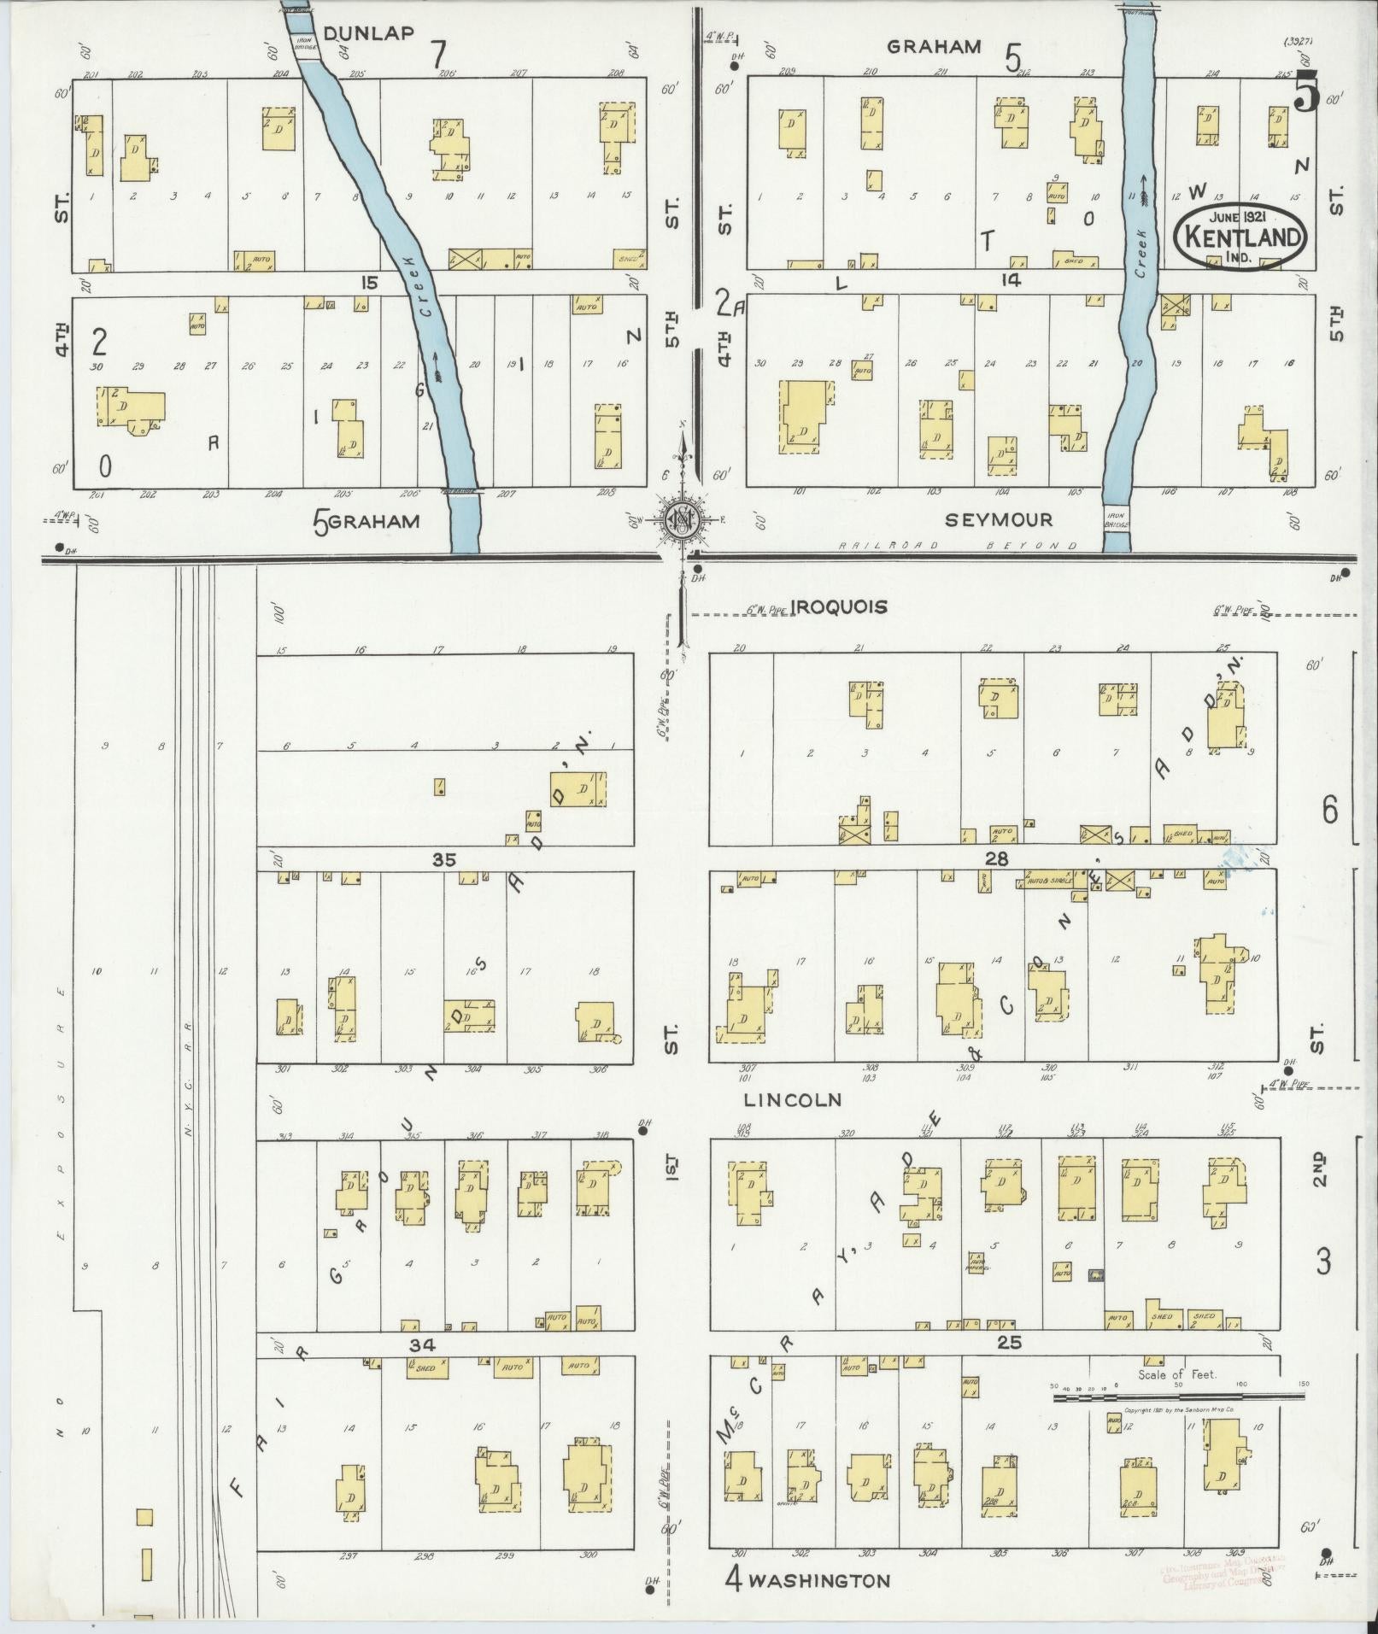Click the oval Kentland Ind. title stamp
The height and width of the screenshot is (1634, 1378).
1241,237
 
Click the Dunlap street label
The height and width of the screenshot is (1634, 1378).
369,33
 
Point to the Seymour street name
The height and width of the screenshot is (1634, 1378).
999,518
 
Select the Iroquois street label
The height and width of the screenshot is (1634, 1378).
839,606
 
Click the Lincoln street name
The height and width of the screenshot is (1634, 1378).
792,1099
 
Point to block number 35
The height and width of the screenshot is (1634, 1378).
443,860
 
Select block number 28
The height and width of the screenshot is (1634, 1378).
998,858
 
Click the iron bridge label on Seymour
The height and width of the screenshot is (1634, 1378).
1116,520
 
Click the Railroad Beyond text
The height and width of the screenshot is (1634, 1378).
957,545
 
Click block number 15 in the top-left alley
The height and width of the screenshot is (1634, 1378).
369,283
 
